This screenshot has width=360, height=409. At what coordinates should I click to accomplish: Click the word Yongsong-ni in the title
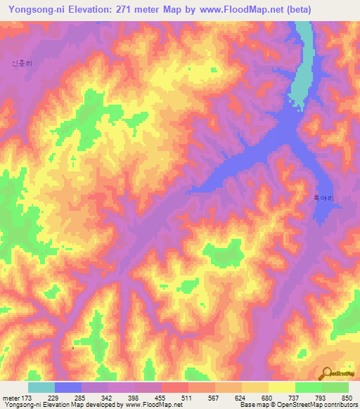pos(32,9)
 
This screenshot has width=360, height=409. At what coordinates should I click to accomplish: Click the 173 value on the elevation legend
pos(27,398)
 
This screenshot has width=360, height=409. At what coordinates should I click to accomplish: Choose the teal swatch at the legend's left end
pos(41,387)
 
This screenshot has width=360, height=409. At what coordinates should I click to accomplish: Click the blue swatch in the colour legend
pos(67,387)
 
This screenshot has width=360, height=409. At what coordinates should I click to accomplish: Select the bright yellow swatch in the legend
pos(281,387)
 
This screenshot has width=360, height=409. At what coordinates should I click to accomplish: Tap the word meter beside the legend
pos(10,398)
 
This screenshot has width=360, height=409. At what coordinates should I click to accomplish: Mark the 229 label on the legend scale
pos(55,398)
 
